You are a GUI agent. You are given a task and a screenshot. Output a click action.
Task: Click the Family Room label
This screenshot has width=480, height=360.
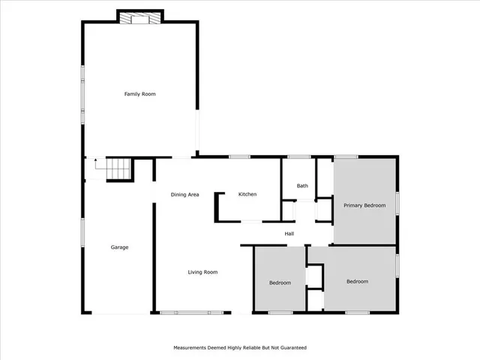pyautogui.click(x=139, y=94)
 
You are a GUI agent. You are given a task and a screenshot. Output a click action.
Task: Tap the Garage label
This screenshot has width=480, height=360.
pyautogui.click(x=120, y=247)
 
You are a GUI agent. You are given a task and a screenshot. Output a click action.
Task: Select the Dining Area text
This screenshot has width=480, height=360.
pyautogui.click(x=184, y=195)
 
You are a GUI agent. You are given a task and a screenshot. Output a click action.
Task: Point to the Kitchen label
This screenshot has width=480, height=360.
pyautogui.click(x=247, y=194)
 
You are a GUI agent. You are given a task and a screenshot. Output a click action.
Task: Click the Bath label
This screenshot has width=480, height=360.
pyautogui.click(x=302, y=186)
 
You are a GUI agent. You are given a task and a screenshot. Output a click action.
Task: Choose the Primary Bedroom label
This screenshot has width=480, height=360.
pyautogui.click(x=364, y=205)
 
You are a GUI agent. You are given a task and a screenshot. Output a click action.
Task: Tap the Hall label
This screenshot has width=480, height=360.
pyautogui.click(x=289, y=234)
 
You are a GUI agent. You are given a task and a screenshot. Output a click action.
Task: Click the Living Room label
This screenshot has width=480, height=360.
pyautogui.click(x=202, y=272)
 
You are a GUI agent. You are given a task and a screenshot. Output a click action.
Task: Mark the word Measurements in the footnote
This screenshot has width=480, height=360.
pyautogui.click(x=190, y=348)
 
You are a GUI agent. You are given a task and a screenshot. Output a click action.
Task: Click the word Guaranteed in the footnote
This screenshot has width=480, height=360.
pyautogui.click(x=293, y=348)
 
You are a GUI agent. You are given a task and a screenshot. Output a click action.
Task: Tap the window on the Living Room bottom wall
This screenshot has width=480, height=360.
pyautogui.click(x=192, y=312)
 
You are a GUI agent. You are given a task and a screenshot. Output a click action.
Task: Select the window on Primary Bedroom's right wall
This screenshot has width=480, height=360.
pyautogui.click(x=397, y=202)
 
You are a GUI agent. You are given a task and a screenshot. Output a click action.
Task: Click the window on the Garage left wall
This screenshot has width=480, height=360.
pyautogui.click(x=82, y=229)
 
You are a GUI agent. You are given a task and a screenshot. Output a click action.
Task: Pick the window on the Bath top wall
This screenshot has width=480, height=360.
pyautogui.click(x=299, y=157)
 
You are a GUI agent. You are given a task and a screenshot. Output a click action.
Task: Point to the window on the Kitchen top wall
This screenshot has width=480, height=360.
pyautogui.click(x=239, y=157)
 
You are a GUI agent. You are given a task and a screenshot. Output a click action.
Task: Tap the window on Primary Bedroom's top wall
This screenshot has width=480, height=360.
pyautogui.click(x=346, y=157)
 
